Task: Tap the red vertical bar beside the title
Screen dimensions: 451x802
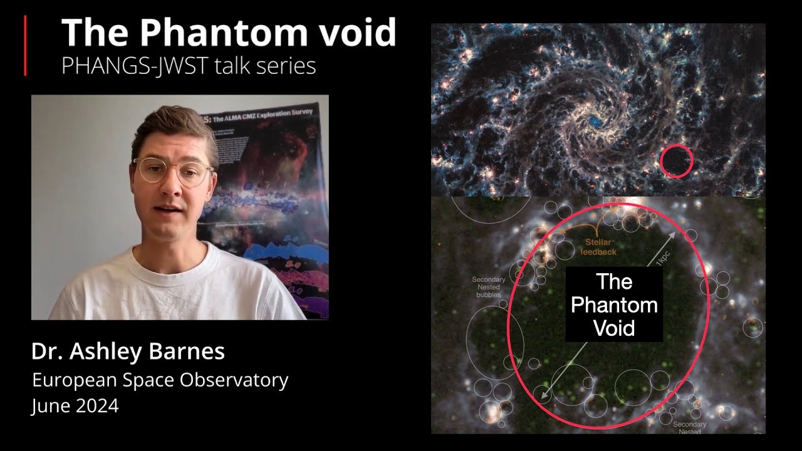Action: pos(26,46)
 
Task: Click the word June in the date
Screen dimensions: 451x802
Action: pos(50,406)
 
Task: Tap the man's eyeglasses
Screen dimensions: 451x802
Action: pos(172,170)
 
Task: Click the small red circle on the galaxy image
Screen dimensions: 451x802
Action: pos(677,161)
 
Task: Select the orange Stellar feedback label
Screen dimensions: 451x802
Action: pos(600,247)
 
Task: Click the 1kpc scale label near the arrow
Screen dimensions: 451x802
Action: pos(660,258)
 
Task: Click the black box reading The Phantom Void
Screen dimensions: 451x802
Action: pos(614,305)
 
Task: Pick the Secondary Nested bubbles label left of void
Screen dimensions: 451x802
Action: pos(489,287)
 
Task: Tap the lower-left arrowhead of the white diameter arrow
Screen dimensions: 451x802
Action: pos(543,396)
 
